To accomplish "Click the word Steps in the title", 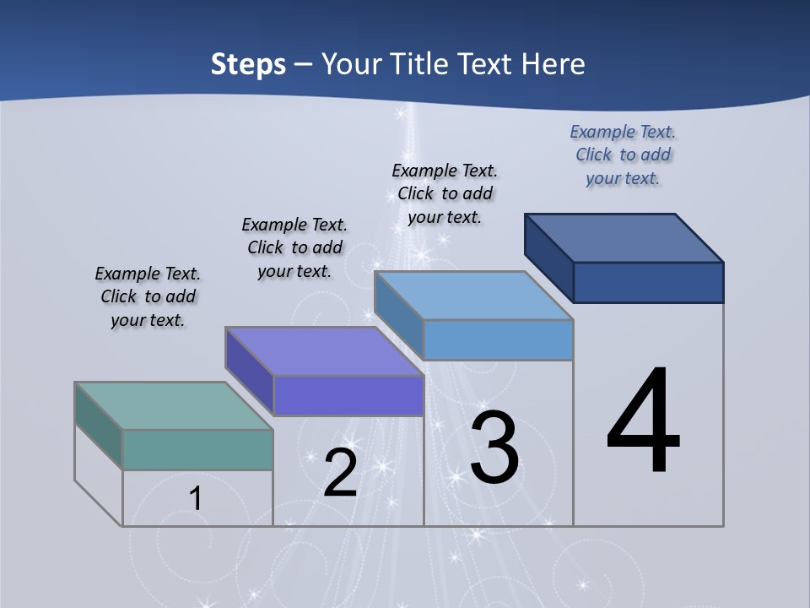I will (x=248, y=64).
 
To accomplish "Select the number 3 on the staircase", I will (x=494, y=448).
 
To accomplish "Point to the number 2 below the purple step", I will (x=340, y=473).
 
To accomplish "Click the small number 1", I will (x=195, y=499).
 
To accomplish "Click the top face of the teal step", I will (x=174, y=405).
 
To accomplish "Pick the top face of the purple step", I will (x=324, y=351).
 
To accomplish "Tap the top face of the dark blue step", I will (x=624, y=238).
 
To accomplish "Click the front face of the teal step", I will (x=197, y=449).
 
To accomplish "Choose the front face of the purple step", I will (x=348, y=395).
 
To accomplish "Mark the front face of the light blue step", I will (x=498, y=339).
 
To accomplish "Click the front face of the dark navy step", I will (x=648, y=282).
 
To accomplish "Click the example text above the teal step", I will (x=148, y=296).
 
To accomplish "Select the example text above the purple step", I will (x=294, y=247).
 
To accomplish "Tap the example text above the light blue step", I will (x=445, y=193).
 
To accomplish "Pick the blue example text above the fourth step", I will (x=623, y=155).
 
